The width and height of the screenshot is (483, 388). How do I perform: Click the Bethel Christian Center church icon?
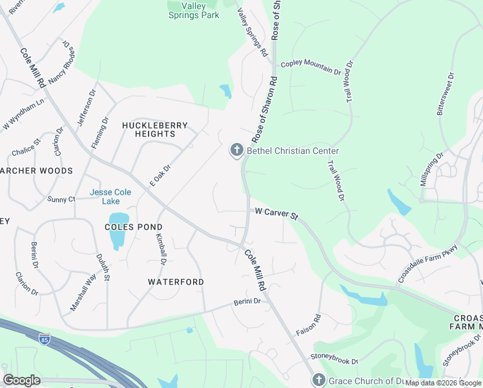tap(236, 151)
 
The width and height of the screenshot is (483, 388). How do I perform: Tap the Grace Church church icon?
tap(317, 381)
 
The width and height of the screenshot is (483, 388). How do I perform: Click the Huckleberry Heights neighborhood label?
tap(155, 129)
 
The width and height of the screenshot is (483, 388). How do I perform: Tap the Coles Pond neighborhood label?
tap(134, 227)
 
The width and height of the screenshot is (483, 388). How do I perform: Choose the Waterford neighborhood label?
tap(176, 282)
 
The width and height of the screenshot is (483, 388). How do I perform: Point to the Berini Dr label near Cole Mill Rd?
tap(247, 301)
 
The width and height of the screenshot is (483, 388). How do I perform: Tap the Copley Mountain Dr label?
tap(311, 67)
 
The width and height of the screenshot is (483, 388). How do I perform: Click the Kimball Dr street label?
tap(161, 249)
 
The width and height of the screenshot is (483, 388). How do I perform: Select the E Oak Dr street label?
tap(159, 175)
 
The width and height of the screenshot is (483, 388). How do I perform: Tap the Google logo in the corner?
tap(21, 380)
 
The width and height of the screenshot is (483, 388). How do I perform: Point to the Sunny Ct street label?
tap(61, 200)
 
